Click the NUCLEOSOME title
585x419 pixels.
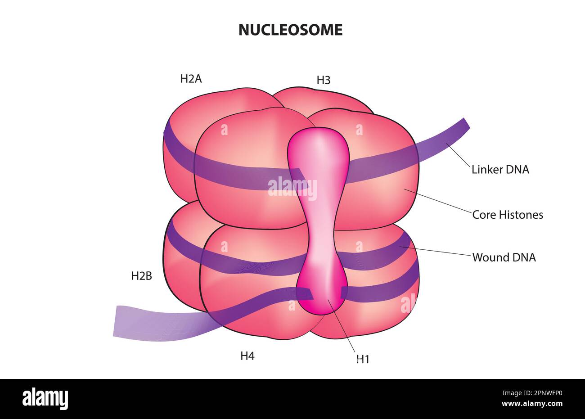point(290,30)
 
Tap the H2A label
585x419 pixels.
point(191,79)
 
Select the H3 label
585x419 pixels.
point(323,81)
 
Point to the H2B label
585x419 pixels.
point(141,276)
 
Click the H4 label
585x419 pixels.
point(247,356)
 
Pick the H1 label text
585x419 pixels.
point(363,359)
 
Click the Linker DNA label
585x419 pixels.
point(500,170)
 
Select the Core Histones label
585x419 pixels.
point(507,215)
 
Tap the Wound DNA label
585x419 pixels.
point(504,257)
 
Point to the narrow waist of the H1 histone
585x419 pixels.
point(320,234)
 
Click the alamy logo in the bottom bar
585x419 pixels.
point(45,399)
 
